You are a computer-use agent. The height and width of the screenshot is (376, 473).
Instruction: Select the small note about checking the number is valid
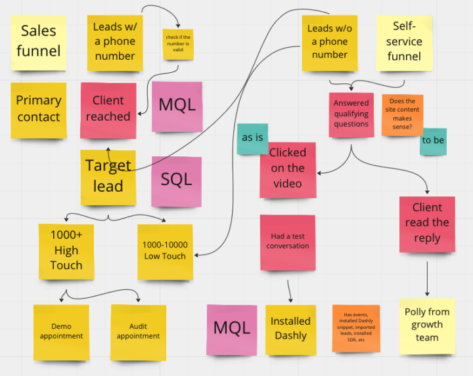coord(177,45)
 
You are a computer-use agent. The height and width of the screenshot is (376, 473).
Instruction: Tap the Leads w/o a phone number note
coord(329,43)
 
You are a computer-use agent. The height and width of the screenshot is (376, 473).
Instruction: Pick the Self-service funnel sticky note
coord(404,43)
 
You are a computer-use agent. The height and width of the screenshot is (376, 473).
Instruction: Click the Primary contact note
coord(39,110)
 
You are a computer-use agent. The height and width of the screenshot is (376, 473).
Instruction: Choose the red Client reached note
coord(108,110)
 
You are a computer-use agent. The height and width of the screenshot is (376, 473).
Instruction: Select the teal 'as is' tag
coord(252,138)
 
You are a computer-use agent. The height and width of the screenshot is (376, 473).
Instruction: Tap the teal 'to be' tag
coord(433,141)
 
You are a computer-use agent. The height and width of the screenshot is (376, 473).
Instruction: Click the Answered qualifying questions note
coord(351,115)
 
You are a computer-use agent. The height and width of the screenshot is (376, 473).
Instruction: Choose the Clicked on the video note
coord(288,169)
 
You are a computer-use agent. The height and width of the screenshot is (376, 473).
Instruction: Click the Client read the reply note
coord(427,223)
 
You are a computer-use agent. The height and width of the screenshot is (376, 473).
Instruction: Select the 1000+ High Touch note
coord(66,250)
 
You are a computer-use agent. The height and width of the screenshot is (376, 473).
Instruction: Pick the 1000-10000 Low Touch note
coord(165,251)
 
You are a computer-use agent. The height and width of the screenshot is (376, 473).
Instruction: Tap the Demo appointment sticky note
coord(61,331)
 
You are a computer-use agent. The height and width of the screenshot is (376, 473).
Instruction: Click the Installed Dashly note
coord(290,329)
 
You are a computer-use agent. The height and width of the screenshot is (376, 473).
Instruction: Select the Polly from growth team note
coord(427,325)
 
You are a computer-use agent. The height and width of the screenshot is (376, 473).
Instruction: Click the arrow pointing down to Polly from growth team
coord(428,279)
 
